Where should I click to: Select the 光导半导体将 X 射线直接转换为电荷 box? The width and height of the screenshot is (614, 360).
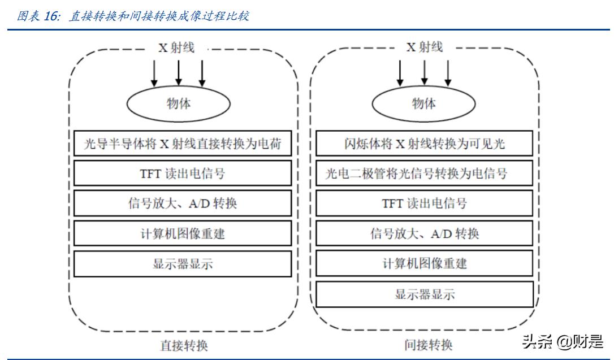click(183, 144)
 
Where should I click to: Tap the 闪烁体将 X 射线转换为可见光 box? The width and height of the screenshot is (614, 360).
click(424, 144)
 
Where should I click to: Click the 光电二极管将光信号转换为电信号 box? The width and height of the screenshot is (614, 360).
click(424, 173)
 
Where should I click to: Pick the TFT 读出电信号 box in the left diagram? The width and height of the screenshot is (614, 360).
click(183, 173)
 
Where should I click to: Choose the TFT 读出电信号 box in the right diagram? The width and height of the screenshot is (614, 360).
click(424, 203)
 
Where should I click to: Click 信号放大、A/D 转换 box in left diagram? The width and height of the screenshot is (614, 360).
click(183, 203)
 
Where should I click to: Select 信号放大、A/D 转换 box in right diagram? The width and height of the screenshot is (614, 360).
click(424, 233)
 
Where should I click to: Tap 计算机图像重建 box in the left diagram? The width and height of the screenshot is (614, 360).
click(183, 233)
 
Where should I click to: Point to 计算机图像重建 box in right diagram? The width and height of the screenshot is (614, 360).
click(424, 263)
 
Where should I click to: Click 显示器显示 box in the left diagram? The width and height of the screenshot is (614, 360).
click(183, 264)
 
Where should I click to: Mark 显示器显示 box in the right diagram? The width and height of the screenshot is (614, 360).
click(424, 294)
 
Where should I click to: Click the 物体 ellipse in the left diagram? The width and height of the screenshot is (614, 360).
click(178, 103)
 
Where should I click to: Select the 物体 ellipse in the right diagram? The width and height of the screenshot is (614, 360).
click(423, 103)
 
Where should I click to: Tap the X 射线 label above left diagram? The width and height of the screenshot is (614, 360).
click(176, 48)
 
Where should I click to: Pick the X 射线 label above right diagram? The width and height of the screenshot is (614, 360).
click(425, 48)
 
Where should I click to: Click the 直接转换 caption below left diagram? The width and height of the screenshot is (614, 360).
click(184, 345)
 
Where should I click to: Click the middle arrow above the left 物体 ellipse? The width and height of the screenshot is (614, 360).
click(178, 72)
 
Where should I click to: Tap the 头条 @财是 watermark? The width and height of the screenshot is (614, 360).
click(563, 341)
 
